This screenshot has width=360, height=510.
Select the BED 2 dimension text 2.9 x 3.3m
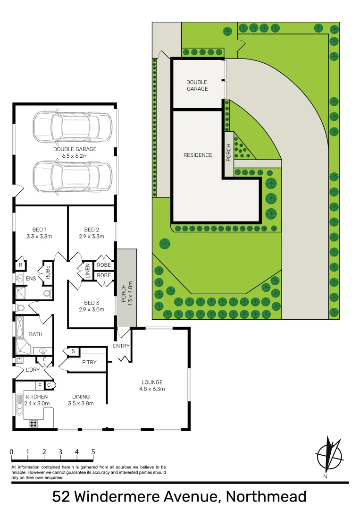tap(92, 236)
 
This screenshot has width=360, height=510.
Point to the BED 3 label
tap(92, 303)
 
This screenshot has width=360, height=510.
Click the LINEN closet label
tap(87, 271)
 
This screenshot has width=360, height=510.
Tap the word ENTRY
tap(121, 346)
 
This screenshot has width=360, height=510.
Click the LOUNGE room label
tap(152, 382)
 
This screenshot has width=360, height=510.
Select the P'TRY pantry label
tap(89, 362)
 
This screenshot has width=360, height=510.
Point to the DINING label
tap(81, 397)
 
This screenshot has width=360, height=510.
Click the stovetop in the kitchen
tap(34, 424)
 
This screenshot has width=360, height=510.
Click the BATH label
tap(36, 334)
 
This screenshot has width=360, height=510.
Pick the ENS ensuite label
tap(32, 279)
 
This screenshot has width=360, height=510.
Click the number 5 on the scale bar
tap(93, 451)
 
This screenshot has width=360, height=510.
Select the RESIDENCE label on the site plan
tap(198, 155)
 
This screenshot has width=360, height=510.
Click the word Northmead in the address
tap(266, 497)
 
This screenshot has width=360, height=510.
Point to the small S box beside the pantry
tap(73, 351)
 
